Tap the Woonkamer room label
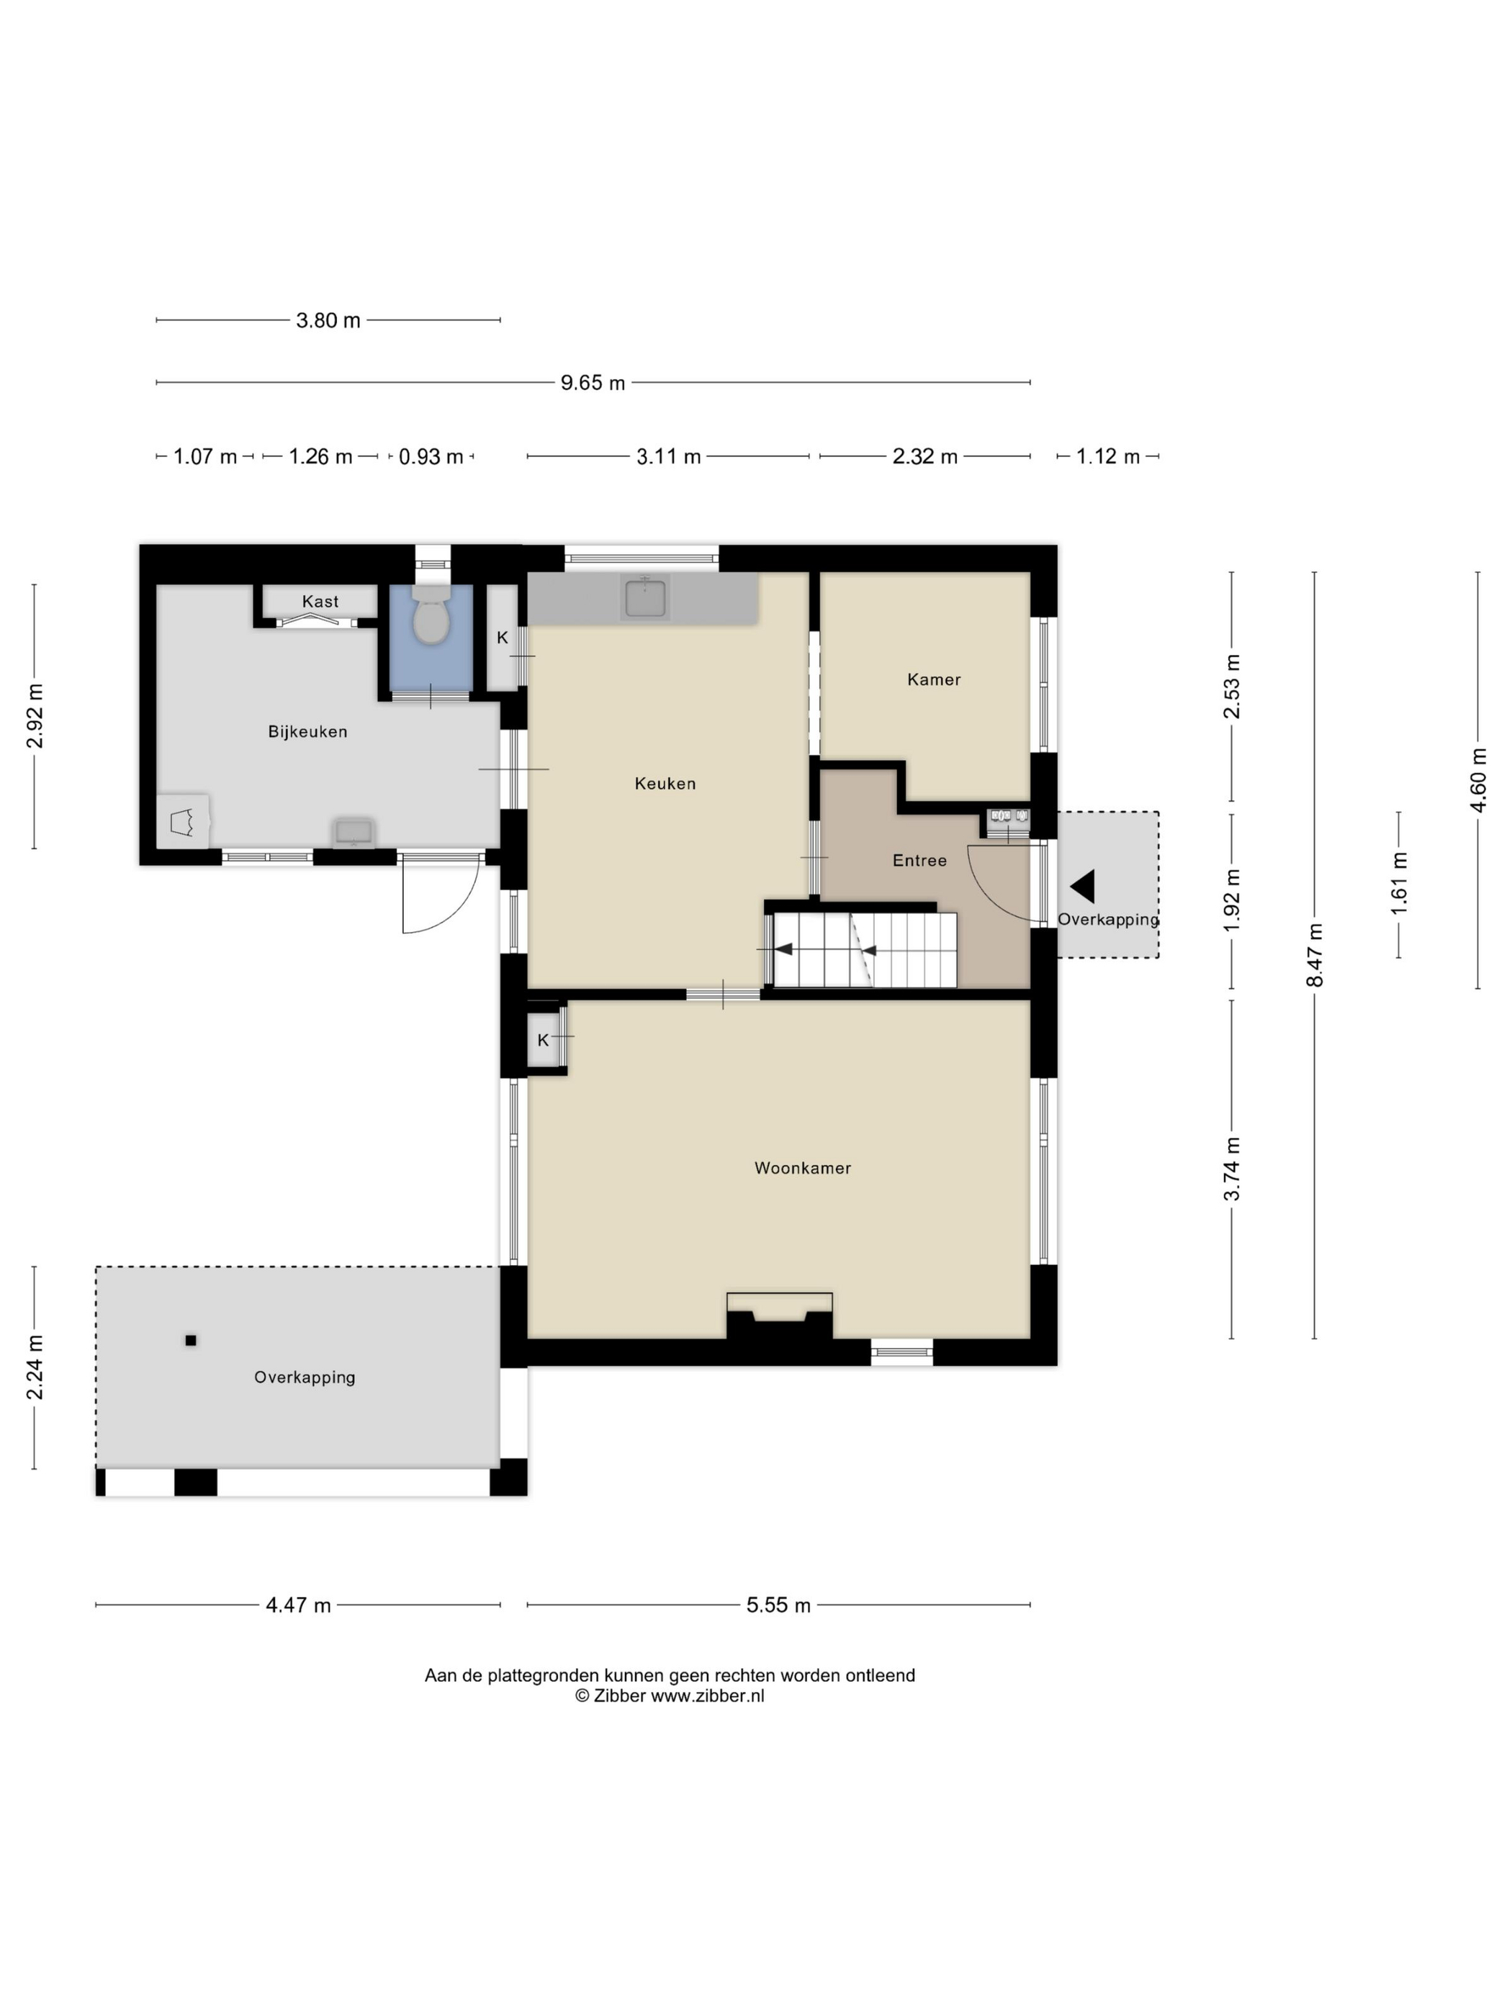(x=802, y=1168)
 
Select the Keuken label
(x=665, y=784)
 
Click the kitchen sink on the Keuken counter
(x=646, y=597)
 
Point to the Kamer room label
(x=934, y=679)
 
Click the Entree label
(x=919, y=861)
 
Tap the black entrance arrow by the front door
(x=1083, y=887)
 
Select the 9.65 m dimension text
(x=593, y=383)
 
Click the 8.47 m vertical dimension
(x=1314, y=955)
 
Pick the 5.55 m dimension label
(x=778, y=1605)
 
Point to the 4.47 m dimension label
(x=298, y=1605)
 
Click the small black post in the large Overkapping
(x=191, y=1340)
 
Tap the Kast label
(x=320, y=601)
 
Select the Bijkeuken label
(x=308, y=731)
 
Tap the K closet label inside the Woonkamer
(x=543, y=1041)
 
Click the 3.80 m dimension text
(x=328, y=321)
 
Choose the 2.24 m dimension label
(x=35, y=1367)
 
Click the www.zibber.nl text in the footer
(x=707, y=1695)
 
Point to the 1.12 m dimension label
(x=1108, y=456)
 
